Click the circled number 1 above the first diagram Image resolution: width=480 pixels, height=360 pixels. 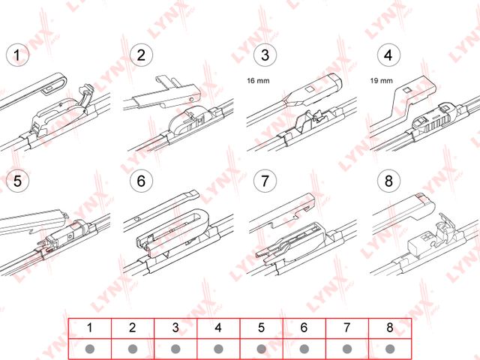coord(17,55)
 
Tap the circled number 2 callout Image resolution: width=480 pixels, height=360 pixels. coord(141,55)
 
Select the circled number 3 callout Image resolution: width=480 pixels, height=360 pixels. coord(265,55)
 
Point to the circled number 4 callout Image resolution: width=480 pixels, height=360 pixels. coord(388,55)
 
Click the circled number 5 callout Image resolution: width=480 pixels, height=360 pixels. coord(17,181)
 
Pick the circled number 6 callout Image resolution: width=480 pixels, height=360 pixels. coord(141,181)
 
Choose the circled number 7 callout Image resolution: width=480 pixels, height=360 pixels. coord(265,181)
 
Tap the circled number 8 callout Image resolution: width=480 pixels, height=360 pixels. coord(388,181)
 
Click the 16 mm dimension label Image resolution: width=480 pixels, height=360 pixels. coord(258,81)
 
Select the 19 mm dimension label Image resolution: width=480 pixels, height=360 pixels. coord(382,81)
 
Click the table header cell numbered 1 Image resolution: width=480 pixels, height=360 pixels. coord(90,328)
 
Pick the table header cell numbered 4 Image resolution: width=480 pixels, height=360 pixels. coord(218,328)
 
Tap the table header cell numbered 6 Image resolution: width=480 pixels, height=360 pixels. coord(304,328)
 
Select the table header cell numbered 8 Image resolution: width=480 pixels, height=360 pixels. coord(390,328)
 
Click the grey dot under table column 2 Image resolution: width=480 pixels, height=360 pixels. coord(133,349)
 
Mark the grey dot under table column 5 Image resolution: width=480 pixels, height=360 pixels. coord(261,349)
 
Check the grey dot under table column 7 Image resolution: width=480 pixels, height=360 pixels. coord(346,349)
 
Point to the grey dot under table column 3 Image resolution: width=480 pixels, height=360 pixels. coord(175,349)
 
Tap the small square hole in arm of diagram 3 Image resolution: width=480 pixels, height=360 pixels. coord(309,89)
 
